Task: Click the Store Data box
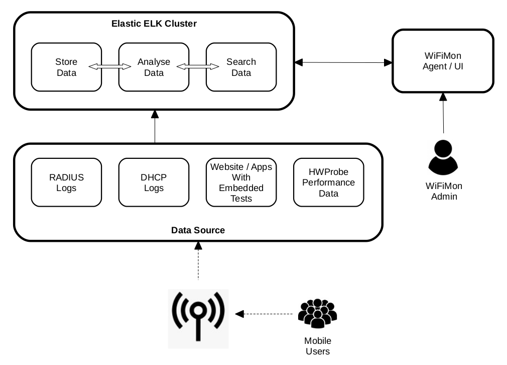click(66, 67)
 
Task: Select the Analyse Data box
click(154, 67)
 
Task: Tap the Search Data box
click(241, 67)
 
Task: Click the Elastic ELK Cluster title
click(154, 24)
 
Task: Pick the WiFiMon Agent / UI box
click(442, 61)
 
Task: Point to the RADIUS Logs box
click(66, 182)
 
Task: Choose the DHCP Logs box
click(154, 182)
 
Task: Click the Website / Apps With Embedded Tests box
click(241, 182)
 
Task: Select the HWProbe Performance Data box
click(328, 182)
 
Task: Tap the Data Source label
click(198, 230)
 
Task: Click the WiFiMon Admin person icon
click(443, 157)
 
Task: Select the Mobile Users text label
click(317, 346)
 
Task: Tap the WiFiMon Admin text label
click(444, 191)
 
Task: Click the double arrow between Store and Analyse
click(110, 66)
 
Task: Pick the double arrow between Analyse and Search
click(197, 66)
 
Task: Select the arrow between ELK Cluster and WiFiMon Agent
click(343, 62)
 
